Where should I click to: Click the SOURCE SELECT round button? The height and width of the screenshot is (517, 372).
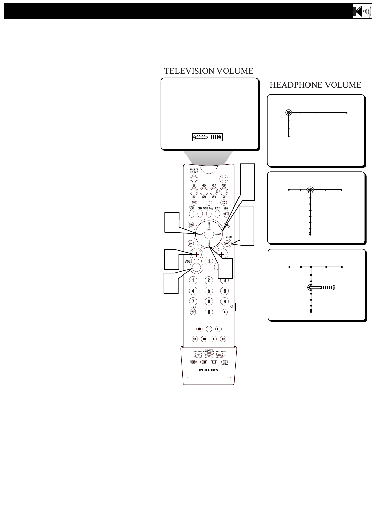click(x=194, y=179)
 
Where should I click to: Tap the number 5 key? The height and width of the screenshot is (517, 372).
click(x=209, y=291)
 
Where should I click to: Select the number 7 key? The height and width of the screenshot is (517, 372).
click(x=193, y=301)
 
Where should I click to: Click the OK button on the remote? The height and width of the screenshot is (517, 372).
click(x=191, y=244)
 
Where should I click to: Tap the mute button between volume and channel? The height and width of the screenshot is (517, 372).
click(x=209, y=261)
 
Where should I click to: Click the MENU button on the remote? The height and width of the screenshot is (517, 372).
click(x=227, y=244)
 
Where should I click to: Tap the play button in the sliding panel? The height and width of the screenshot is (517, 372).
click(x=213, y=339)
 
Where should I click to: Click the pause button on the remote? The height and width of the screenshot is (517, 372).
click(x=218, y=329)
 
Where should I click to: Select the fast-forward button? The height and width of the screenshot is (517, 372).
click(x=223, y=339)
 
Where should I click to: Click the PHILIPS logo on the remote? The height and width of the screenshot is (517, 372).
click(x=209, y=370)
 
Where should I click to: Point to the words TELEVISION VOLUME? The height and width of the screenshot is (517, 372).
click(x=209, y=71)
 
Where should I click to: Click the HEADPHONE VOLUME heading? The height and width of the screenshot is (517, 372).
click(x=315, y=85)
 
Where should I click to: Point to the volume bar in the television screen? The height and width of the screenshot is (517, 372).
click(x=207, y=137)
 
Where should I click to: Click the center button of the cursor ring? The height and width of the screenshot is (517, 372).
click(x=209, y=234)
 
